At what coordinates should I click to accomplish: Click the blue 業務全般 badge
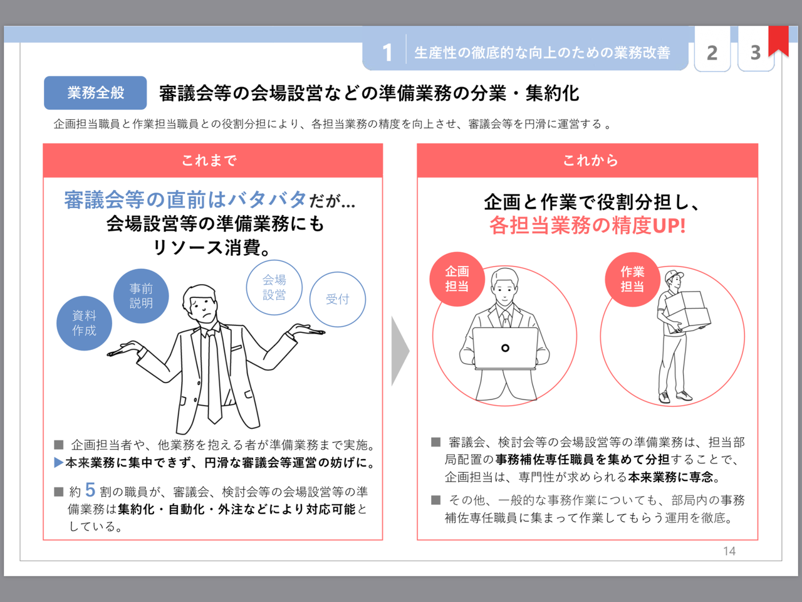coord(95,93)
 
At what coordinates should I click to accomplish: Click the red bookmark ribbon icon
coord(778,41)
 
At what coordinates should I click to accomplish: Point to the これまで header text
coord(209,161)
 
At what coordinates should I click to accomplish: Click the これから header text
coord(590,161)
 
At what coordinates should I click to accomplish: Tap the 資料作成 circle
coord(84,323)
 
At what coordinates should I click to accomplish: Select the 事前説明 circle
coord(141,296)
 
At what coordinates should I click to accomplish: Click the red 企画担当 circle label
coord(457,279)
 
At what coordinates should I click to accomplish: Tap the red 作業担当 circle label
coord(632,279)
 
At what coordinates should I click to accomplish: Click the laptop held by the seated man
coord(505,348)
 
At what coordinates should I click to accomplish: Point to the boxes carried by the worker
coord(687,310)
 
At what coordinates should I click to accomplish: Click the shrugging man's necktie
coord(214,376)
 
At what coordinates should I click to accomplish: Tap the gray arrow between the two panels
coord(400,351)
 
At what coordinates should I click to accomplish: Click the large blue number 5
coord(90,490)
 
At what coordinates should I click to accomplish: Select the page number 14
coord(729,551)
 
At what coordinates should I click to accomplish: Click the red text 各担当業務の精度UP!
coord(587,226)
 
